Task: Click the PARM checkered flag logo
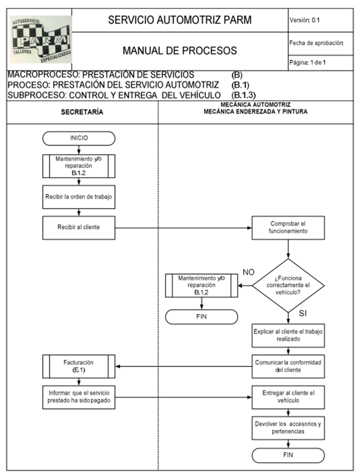(41, 40)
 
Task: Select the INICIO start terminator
(79, 138)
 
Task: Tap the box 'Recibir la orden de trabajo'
(79, 197)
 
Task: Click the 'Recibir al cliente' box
(79, 228)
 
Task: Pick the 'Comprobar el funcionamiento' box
(288, 228)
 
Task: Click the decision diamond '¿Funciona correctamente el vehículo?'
(288, 286)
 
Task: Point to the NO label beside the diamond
(249, 272)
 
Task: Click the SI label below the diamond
(303, 313)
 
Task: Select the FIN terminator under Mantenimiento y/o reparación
(201, 317)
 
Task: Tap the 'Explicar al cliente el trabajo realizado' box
(288, 336)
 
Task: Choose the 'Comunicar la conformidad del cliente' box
(288, 367)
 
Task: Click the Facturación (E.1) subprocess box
(79, 367)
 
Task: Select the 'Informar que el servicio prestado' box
(79, 397)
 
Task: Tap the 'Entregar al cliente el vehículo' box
(288, 397)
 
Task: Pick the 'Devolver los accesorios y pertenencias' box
(288, 428)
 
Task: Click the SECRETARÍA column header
(82, 112)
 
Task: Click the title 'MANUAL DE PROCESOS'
(180, 50)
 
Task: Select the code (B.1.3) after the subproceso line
(243, 95)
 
